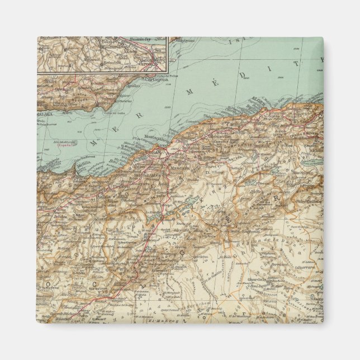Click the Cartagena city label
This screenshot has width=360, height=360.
157,80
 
